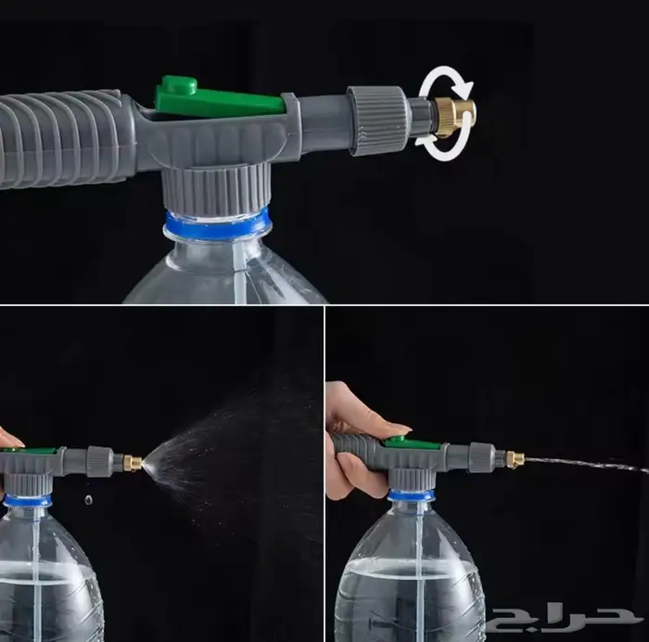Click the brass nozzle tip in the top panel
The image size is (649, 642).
454,119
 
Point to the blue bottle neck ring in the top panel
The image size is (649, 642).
217,225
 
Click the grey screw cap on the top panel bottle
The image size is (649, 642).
216,189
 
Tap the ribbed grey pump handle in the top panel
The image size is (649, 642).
62,139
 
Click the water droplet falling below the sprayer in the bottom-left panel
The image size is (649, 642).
88,500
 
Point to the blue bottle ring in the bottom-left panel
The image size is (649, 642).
28,500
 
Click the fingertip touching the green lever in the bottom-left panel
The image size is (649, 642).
12,439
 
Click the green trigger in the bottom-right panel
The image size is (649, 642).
413,444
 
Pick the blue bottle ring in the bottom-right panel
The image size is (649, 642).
412,495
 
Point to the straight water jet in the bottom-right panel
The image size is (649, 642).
587,464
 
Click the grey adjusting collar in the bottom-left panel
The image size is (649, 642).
100,461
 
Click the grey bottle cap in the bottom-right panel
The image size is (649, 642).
412,480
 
